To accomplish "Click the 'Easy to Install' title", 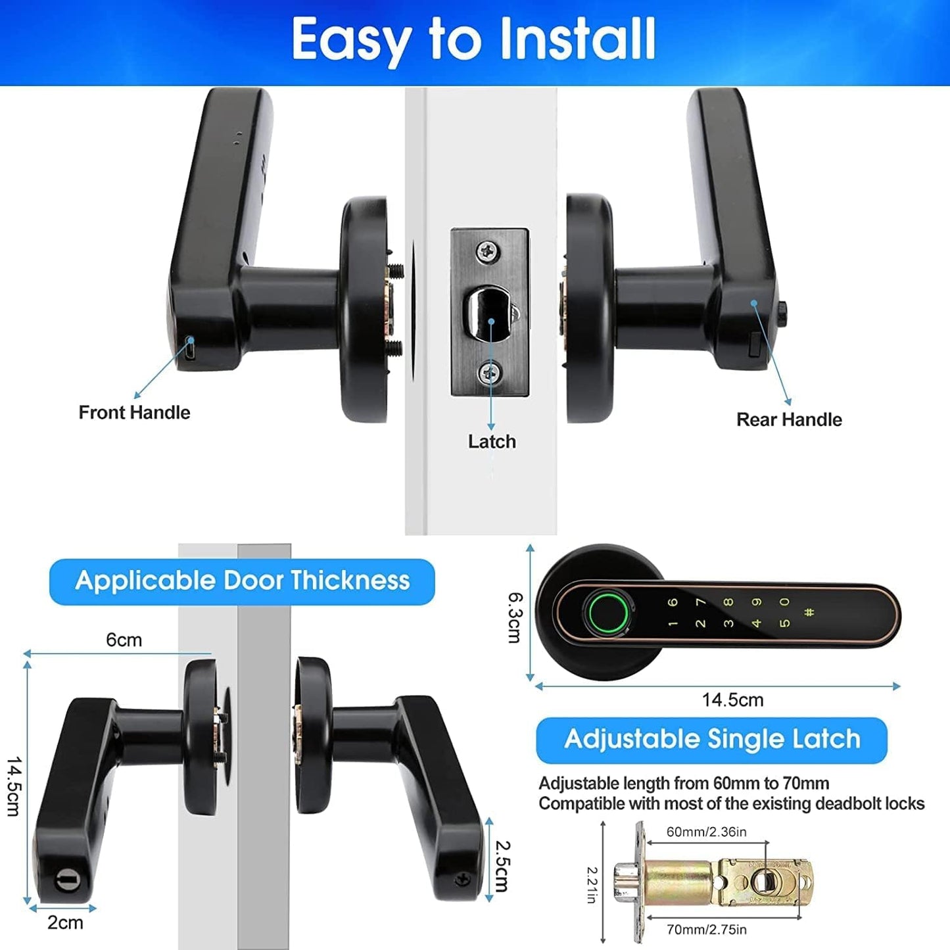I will coord(473,39).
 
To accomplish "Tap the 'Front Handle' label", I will coord(134,412).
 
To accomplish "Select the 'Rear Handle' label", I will coord(789,419).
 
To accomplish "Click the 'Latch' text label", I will coord(492,441).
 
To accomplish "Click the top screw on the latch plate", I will coord(488,250).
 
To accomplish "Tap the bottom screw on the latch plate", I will coord(489,373).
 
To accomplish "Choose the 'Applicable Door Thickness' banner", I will coord(242,581).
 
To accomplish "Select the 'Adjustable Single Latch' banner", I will coord(712,739).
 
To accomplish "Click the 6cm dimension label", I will coord(124,640).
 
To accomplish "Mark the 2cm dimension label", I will coord(65,922).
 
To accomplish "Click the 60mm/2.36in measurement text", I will coord(706,832).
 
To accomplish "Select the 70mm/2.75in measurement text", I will coord(706,930).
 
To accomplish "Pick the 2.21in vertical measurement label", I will coord(592,884).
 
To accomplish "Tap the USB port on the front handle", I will coord(189,349).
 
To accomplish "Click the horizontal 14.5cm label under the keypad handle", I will coord(732,700).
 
